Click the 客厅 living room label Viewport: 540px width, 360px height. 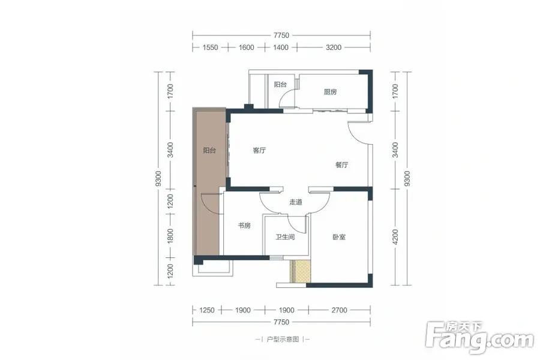point(259,150)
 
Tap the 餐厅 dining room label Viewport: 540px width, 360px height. point(341,164)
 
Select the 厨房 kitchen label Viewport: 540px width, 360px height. point(330,92)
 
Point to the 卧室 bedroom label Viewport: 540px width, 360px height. point(339,237)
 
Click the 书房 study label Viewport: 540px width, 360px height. point(244,226)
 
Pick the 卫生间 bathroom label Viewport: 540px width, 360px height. point(285,237)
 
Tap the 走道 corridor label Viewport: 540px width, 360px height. point(296,202)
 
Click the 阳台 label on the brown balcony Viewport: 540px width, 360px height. point(209,150)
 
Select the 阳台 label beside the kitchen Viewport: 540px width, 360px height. point(280,85)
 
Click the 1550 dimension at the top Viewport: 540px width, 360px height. point(210,47)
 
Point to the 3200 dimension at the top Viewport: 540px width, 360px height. point(334,47)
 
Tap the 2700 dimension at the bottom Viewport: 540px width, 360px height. point(339,310)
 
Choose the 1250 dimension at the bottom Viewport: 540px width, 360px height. point(207,310)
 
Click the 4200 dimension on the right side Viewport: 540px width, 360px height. point(395,237)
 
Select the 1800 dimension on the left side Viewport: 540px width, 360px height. point(170,236)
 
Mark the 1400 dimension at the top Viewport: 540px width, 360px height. point(281,47)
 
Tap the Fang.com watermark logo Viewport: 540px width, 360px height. point(479,338)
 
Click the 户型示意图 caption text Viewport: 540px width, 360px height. point(283,340)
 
